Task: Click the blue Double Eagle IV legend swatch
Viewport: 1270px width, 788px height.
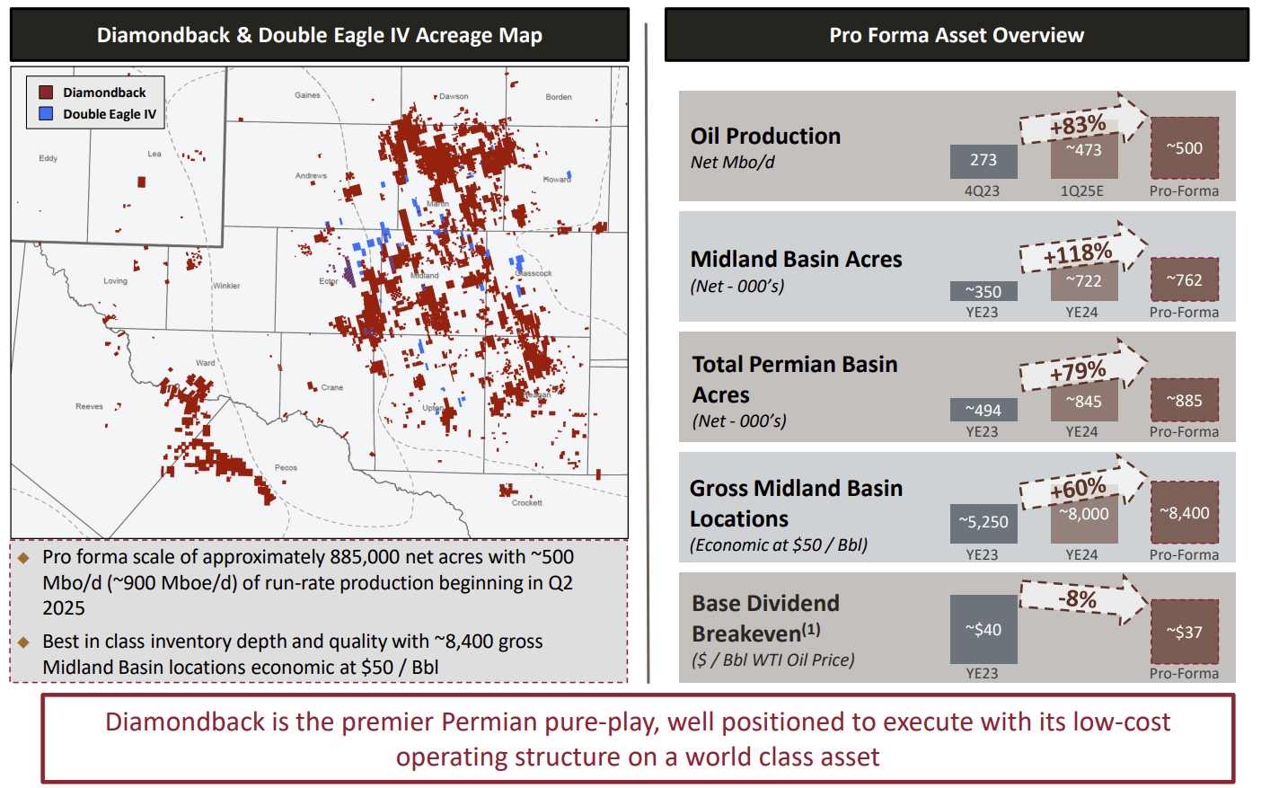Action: pyautogui.click(x=46, y=114)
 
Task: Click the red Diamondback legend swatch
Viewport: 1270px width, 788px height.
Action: pyautogui.click(x=46, y=93)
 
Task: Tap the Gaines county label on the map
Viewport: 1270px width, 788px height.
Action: pyautogui.click(x=307, y=95)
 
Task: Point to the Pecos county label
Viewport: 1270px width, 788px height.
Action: pyautogui.click(x=286, y=468)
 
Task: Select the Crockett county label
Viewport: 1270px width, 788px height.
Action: pyautogui.click(x=527, y=503)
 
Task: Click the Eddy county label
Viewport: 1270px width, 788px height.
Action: pyautogui.click(x=49, y=158)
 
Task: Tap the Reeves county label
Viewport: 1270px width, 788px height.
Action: pyautogui.click(x=89, y=407)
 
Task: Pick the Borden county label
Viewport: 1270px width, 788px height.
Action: pyautogui.click(x=558, y=97)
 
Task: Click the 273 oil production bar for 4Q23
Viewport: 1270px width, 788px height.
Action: pyautogui.click(x=983, y=161)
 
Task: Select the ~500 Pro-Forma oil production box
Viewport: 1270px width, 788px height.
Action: pyautogui.click(x=1185, y=148)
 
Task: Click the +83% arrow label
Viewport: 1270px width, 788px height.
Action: pyautogui.click(x=1078, y=125)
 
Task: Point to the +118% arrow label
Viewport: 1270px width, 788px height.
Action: pyautogui.click(x=1078, y=255)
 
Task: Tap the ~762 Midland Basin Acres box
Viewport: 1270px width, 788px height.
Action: pyautogui.click(x=1185, y=280)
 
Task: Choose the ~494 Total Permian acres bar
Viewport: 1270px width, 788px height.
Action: pyautogui.click(x=983, y=411)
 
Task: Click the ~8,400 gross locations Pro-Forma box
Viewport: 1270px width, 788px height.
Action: pyautogui.click(x=1185, y=513)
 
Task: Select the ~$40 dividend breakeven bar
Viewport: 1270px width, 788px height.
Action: pyautogui.click(x=983, y=630)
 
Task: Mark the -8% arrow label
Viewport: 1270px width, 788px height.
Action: pyautogui.click(x=1077, y=599)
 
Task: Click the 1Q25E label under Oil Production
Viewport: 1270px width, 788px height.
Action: pyautogui.click(x=1082, y=191)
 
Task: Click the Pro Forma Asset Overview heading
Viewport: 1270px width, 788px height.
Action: pyautogui.click(x=957, y=35)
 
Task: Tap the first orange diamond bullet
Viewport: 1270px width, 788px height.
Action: pyautogui.click(x=24, y=558)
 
